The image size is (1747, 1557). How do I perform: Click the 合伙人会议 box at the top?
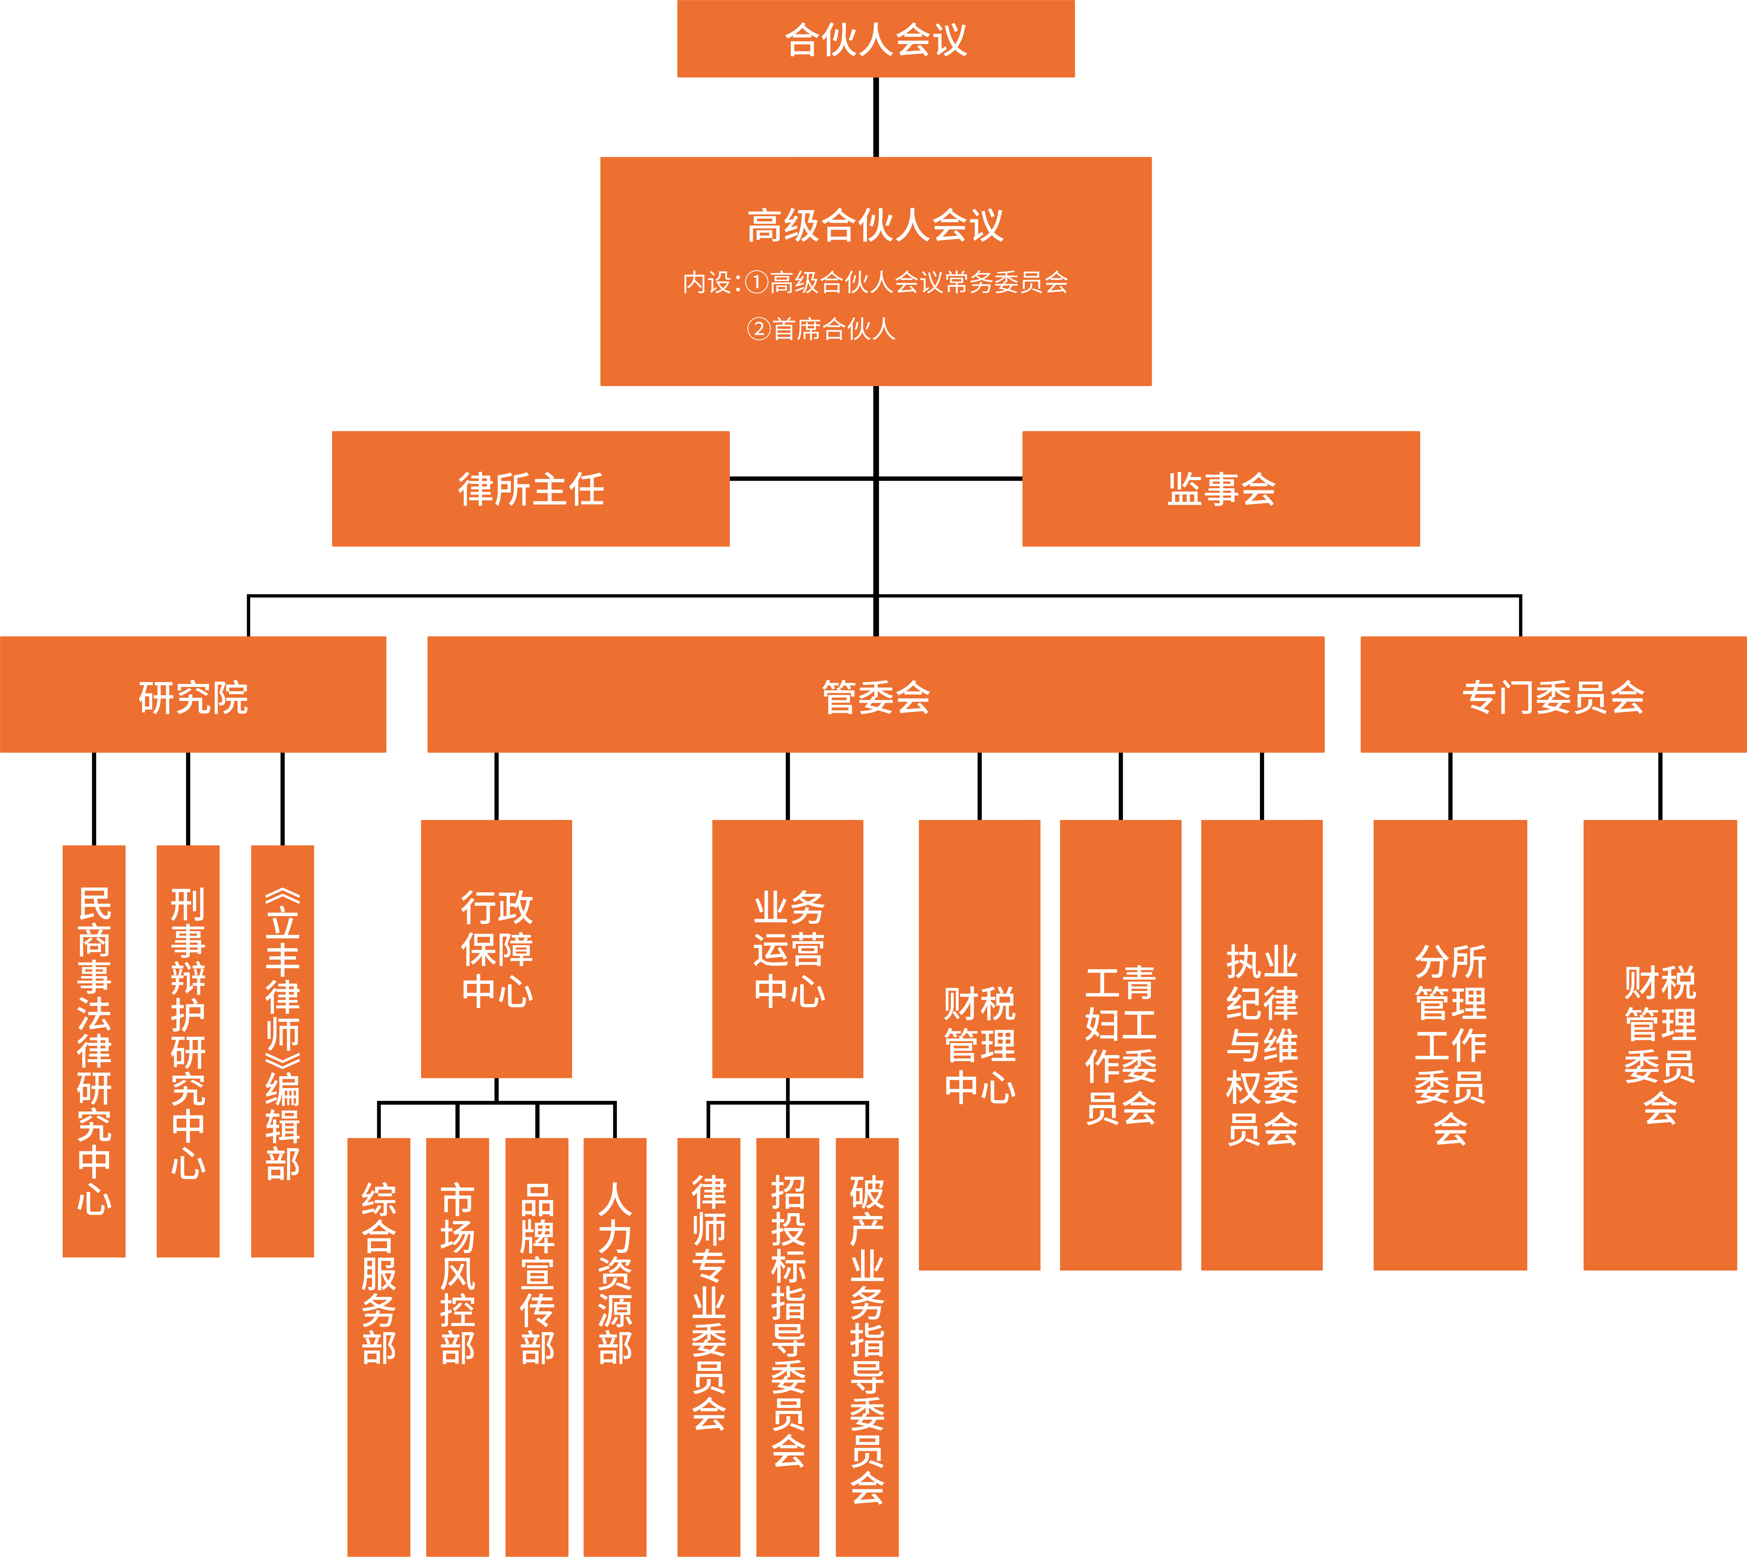click(x=876, y=39)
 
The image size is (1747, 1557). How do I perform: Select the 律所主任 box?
click(x=531, y=489)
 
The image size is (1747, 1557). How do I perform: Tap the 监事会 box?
click(x=1221, y=489)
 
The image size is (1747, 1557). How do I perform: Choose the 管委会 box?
click(x=876, y=695)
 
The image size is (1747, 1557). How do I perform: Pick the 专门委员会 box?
click(x=1553, y=695)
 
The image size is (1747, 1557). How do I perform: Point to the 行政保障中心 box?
click(x=497, y=949)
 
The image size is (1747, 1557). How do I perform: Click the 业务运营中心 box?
click(x=788, y=949)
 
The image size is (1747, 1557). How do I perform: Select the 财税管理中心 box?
click(x=979, y=1045)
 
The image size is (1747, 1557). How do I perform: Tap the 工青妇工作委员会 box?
click(x=1120, y=1045)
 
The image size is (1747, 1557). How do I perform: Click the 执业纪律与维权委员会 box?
click(x=1262, y=1045)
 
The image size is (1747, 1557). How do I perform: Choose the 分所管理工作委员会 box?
click(x=1450, y=1045)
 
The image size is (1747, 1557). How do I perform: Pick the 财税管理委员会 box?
click(x=1660, y=1045)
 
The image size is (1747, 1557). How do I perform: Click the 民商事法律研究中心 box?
click(x=94, y=1051)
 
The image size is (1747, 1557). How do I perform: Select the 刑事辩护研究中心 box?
click(x=188, y=1051)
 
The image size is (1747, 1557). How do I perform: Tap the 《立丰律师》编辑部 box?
click(x=283, y=1051)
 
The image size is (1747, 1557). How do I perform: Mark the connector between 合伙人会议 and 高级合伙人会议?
click(x=876, y=117)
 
